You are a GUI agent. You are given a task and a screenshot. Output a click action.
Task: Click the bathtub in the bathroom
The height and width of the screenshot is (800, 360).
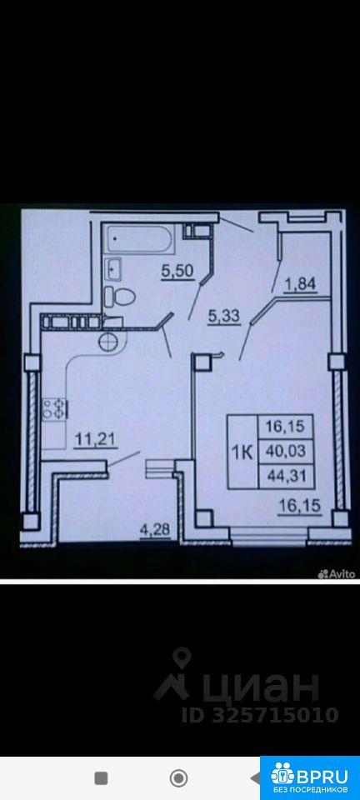coord(141,237)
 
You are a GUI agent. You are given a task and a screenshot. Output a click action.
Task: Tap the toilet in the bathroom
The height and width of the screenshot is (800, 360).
coord(120,296)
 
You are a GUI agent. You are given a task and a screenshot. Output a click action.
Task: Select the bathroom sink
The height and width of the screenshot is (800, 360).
coord(113,269)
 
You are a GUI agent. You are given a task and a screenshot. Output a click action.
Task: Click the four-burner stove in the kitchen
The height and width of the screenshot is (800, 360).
coord(53,408)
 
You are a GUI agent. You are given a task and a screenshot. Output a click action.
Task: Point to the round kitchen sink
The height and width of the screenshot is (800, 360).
coord(109,342)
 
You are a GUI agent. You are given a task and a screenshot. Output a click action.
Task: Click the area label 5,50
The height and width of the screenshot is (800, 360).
coord(177,272)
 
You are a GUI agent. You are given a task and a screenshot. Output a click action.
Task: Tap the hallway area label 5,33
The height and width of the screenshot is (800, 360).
coord(222,317)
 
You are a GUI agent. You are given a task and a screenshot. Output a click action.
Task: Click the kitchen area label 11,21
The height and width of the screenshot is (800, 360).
coord(96,439)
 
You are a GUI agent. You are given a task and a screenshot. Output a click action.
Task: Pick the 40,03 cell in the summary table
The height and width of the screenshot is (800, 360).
coord(285,451)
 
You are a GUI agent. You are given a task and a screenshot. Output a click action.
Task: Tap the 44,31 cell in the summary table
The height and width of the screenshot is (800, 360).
coord(285,476)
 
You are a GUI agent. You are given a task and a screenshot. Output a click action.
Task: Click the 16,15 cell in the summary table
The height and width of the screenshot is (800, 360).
coord(285,427)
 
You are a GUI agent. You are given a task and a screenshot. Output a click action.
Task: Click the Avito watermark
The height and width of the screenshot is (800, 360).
coord(336,574)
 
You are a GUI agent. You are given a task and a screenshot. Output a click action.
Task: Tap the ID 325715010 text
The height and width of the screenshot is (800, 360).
coord(260,715)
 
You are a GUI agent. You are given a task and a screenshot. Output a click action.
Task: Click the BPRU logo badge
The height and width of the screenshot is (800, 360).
coord(310,777)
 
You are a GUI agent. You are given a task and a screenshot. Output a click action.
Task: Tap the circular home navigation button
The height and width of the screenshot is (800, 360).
coord(178,778)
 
